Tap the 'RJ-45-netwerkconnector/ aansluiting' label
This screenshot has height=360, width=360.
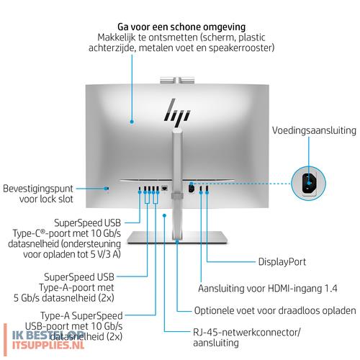[238, 338]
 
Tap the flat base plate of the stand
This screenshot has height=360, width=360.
[176, 238]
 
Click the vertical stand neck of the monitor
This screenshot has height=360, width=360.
[176, 173]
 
